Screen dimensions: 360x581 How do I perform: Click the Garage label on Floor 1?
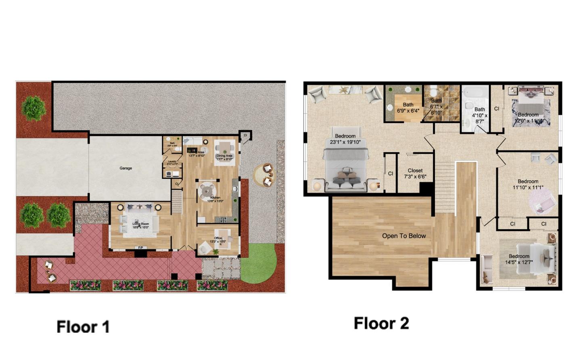coord(125,168)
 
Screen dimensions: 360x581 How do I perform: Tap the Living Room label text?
coord(141,225)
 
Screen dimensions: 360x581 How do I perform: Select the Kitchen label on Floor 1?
coord(215,199)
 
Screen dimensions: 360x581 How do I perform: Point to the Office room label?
coord(218,240)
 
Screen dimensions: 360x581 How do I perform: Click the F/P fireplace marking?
coord(141,248)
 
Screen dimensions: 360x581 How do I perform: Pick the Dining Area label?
coord(224,157)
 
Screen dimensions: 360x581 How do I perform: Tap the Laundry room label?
coord(172,162)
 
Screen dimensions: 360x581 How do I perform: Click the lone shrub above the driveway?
coord(33,108)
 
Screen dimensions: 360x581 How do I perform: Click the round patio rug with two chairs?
coord(265,175)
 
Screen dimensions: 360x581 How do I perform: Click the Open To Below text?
coord(404,236)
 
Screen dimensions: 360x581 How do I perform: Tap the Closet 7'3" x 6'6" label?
coord(415,173)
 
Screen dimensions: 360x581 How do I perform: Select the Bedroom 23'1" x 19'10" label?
coord(345,139)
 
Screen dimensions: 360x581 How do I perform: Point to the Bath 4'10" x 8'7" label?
coord(479,115)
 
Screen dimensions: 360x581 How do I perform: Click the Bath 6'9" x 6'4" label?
coord(408,108)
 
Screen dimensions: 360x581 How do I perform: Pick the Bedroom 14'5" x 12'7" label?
coord(519,259)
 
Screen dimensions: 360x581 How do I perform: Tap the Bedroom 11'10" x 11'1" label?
coord(528,184)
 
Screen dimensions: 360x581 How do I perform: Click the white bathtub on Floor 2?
coord(475,92)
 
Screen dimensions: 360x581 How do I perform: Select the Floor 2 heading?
coord(381,323)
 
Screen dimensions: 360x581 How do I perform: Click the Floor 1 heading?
coord(83,327)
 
